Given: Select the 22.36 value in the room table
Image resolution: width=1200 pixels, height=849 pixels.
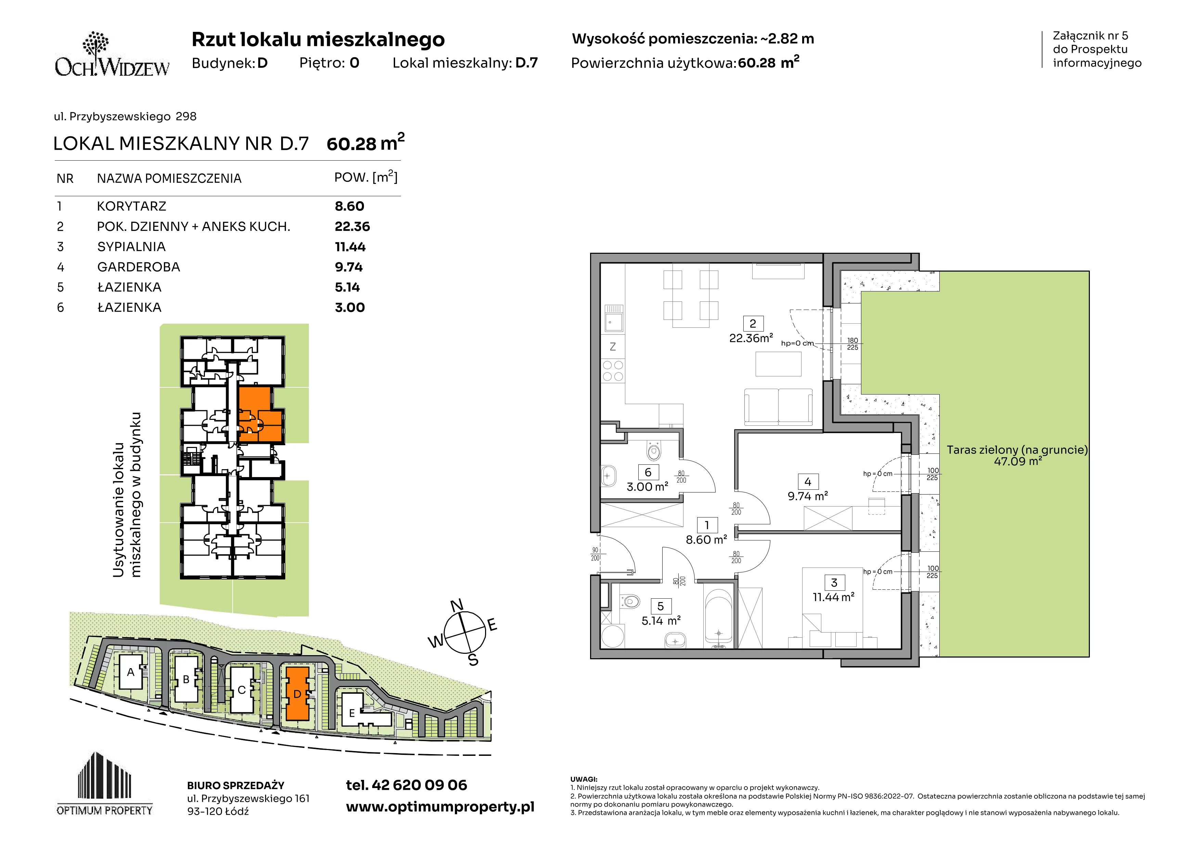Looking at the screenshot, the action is pyautogui.click(x=352, y=226).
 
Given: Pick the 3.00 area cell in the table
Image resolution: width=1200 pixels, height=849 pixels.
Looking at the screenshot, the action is pyautogui.click(x=350, y=308).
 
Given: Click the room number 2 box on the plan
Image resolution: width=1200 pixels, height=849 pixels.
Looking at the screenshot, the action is pyautogui.click(x=753, y=324).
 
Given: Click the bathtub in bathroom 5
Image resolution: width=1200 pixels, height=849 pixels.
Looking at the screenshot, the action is pyautogui.click(x=719, y=617).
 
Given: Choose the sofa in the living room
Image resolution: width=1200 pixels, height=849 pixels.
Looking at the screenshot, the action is pyautogui.click(x=778, y=407).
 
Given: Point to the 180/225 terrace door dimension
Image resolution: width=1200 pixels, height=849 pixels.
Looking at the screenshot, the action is pyautogui.click(x=852, y=344).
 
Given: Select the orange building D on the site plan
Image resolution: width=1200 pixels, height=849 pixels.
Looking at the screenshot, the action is pyautogui.click(x=297, y=694).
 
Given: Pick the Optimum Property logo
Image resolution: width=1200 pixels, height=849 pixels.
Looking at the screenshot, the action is pyautogui.click(x=105, y=783).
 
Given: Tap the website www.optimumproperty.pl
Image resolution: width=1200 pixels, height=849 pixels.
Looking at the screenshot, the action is pyautogui.click(x=440, y=807).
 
